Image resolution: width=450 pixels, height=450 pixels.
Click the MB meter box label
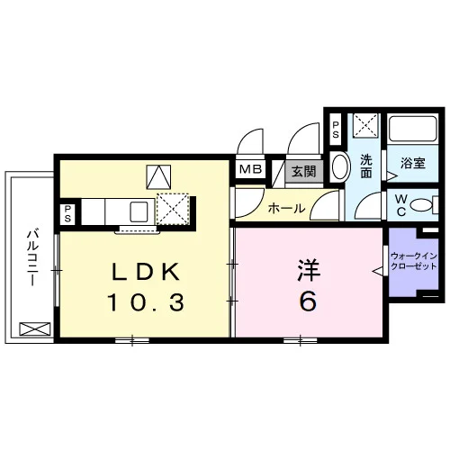(250, 169)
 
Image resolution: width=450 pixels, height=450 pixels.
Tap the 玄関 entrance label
(304, 172)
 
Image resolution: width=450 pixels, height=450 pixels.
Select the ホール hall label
(286, 208)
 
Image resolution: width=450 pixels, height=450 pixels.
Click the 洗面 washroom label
(366, 166)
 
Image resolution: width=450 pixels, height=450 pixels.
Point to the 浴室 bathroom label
(413, 164)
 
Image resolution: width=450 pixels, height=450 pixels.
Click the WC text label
(401, 205)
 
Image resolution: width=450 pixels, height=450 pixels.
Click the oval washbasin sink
(342, 167)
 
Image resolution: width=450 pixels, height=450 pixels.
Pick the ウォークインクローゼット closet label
(413, 261)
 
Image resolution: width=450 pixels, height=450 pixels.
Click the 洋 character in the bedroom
(309, 271)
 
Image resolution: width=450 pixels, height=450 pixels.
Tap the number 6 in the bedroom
(308, 301)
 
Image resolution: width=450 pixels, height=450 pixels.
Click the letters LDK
(146, 272)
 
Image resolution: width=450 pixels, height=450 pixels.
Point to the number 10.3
(146, 302)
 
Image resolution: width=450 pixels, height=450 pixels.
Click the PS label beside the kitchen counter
(67, 213)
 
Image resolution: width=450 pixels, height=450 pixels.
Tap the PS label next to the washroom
(336, 130)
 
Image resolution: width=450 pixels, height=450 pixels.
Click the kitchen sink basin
(139, 211)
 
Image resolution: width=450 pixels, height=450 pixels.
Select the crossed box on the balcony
(35, 328)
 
